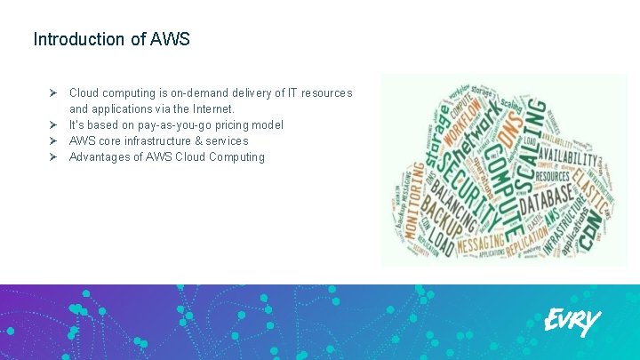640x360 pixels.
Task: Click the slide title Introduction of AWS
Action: coord(111,39)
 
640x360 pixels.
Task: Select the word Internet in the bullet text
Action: coord(209,108)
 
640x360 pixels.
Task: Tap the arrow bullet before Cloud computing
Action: coord(53,92)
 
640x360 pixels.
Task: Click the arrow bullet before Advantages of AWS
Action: coord(53,156)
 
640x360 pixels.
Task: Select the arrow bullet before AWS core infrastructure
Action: coord(53,140)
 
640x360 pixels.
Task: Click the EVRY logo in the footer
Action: coord(572,321)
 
